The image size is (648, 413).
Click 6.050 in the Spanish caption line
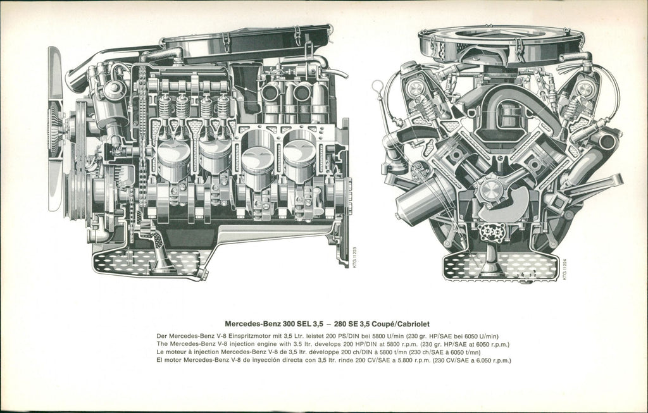482,361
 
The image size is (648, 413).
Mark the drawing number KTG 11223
354,257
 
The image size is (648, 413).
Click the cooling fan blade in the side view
55,128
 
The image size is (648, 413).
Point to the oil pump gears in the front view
491,233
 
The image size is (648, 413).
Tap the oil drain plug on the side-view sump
202,274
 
